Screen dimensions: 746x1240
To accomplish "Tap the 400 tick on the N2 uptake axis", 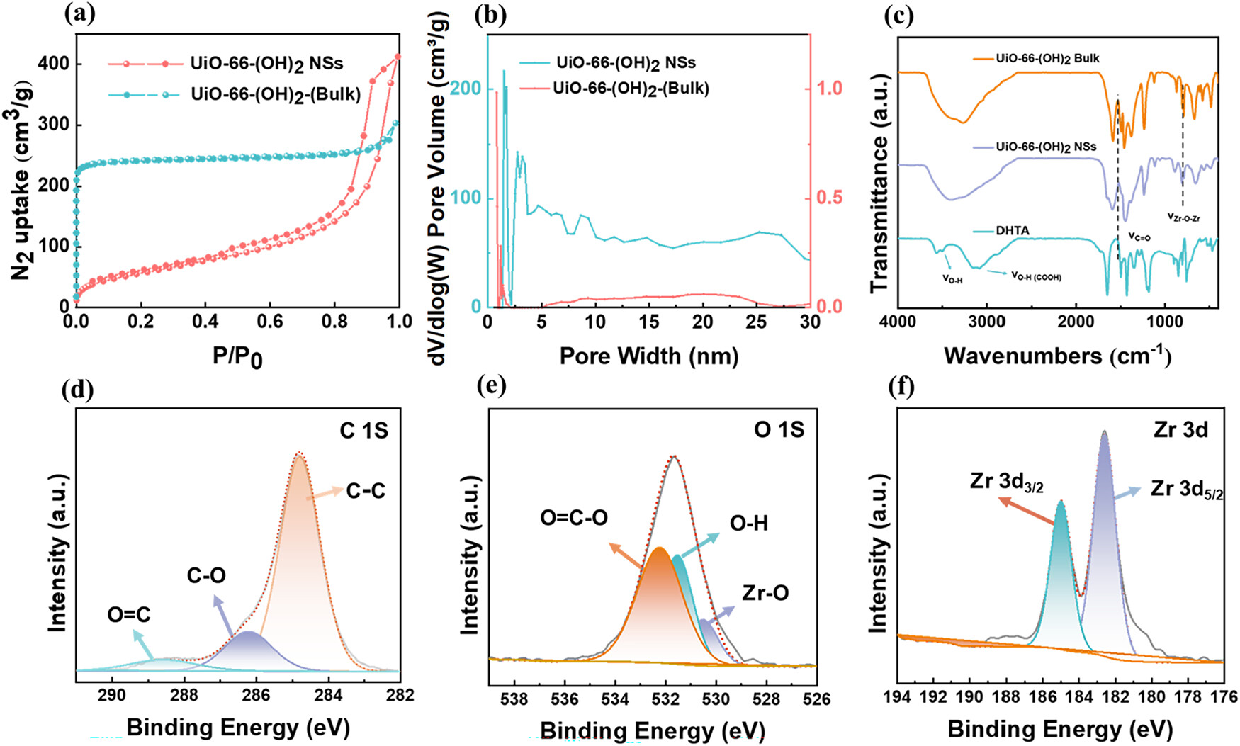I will (54, 64).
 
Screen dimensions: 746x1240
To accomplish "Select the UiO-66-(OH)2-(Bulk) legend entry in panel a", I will (276, 94).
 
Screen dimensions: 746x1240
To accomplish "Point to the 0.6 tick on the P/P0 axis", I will (270, 322).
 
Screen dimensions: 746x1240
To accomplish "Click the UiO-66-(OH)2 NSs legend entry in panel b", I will (626, 63).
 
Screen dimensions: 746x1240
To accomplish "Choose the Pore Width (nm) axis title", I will (648, 356).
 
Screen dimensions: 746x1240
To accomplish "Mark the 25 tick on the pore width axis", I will (757, 322).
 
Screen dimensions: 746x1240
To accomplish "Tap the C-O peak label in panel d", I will (206, 575).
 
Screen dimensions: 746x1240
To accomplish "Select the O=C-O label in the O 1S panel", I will (574, 518).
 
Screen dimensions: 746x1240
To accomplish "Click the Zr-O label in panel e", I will (765, 593).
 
